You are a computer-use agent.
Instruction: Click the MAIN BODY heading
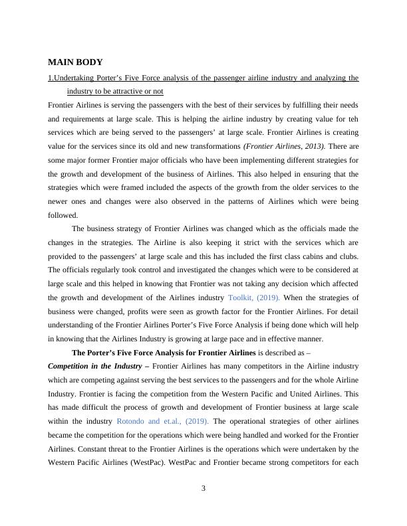(75, 62)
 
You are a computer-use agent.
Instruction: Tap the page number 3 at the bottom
(203, 489)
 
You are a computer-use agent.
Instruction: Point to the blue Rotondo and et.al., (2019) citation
(163, 421)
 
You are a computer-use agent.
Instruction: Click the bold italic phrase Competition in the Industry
(96, 366)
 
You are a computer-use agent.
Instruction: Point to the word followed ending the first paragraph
(63, 215)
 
